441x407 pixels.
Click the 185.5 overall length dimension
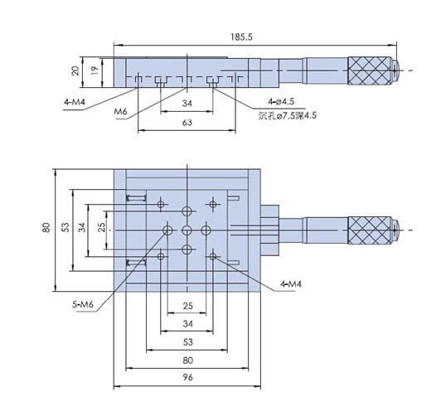pos(241,36)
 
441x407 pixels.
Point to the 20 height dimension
pos(75,70)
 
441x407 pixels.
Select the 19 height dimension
pos(95,70)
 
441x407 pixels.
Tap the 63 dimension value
pos(187,123)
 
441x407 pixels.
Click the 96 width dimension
pos(187,377)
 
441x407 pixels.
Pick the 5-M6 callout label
pos(83,304)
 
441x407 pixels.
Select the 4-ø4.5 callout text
pos(281,101)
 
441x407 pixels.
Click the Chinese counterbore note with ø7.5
pos(288,115)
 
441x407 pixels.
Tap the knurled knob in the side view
pos(370,70)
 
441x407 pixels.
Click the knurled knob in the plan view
pos(370,230)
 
